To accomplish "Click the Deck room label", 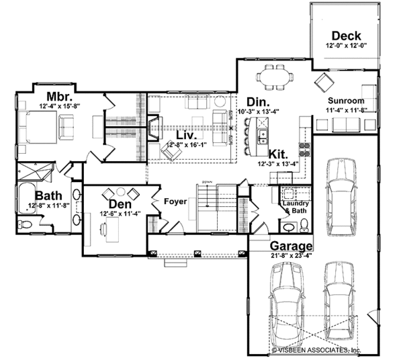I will tap(346, 36).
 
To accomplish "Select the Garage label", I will tap(292, 246).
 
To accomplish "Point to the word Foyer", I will tap(176, 200).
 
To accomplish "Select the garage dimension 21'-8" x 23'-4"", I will tap(292, 256).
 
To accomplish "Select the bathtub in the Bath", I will tap(30, 195).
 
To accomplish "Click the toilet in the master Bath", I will tap(24, 224).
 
